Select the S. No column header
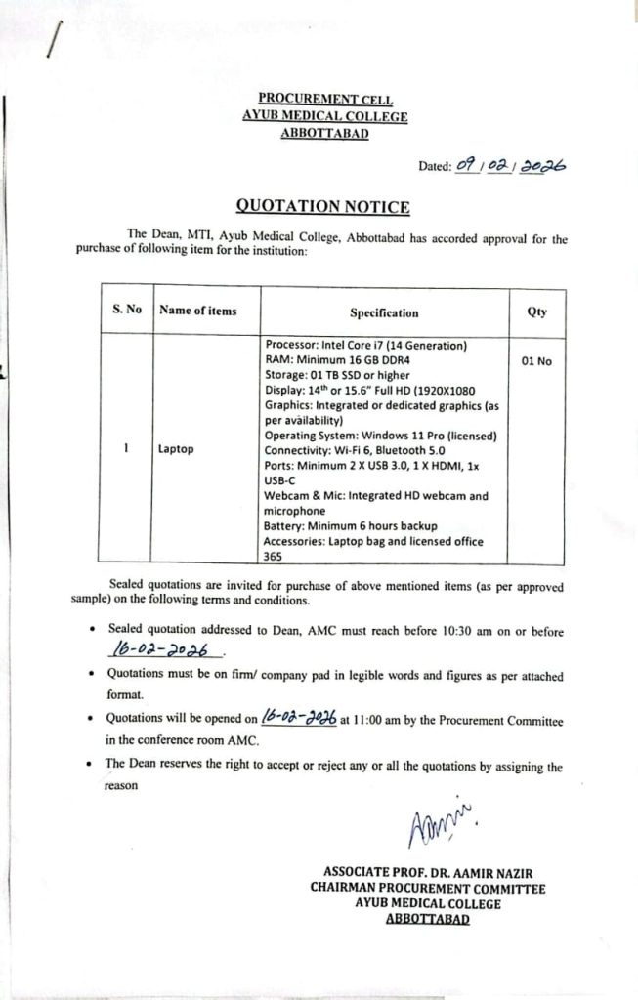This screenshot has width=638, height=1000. coord(127,310)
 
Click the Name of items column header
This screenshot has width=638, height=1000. coord(197,311)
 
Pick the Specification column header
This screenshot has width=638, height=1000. coord(384,312)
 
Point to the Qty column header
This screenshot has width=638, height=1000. coord(536,312)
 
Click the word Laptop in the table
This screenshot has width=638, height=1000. coord(176,449)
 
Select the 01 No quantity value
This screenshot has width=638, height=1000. coord(536,361)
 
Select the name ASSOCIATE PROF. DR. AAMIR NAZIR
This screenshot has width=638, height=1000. coord(429,872)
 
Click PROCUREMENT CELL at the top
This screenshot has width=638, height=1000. coord(324,98)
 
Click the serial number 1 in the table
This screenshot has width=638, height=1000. coord(126,449)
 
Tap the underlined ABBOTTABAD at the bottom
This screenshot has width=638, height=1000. coord(429,919)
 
